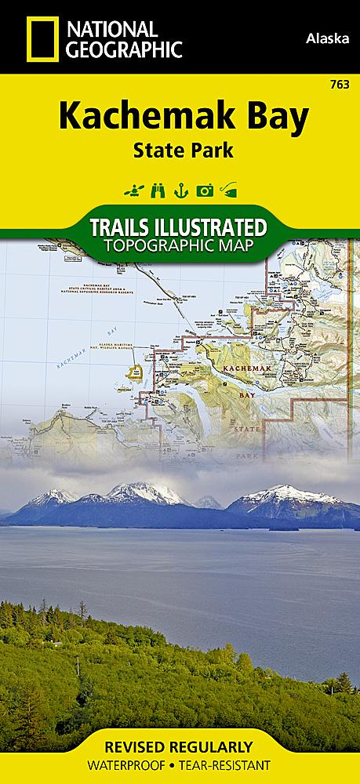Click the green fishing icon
[x=228, y=189]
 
